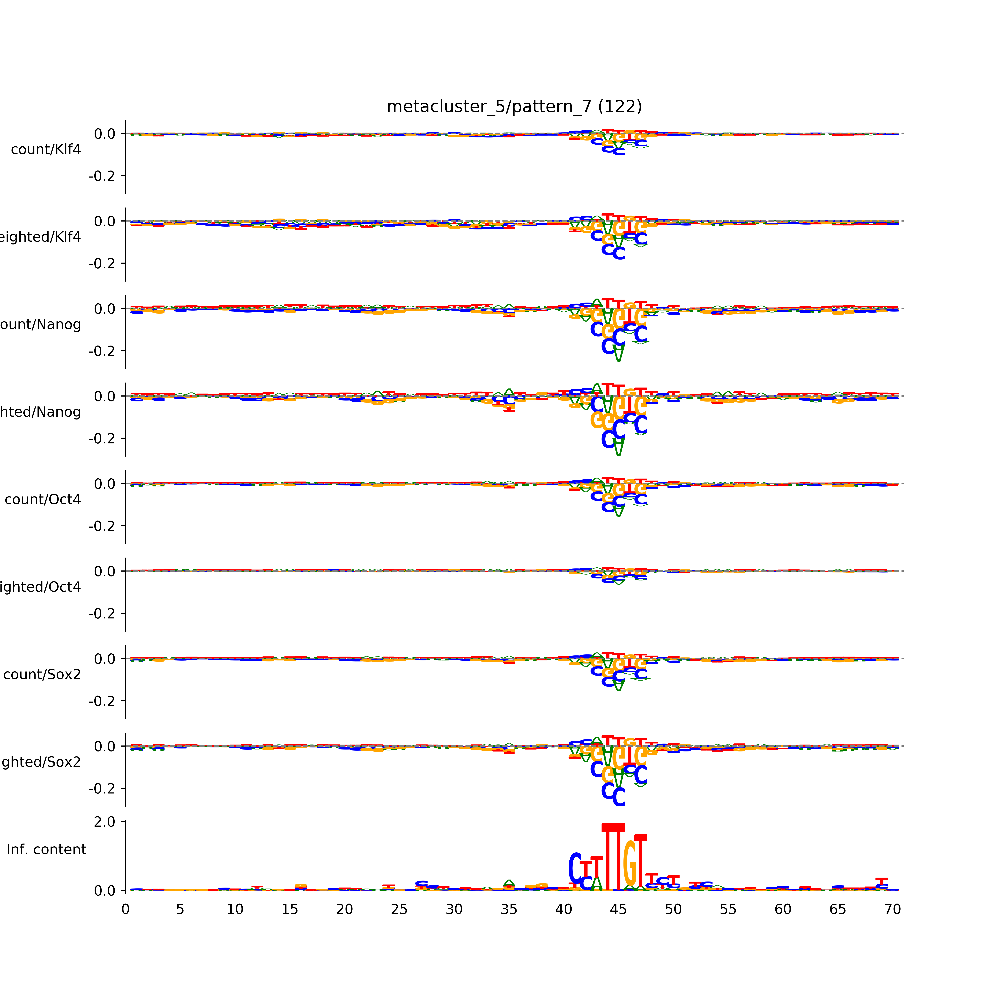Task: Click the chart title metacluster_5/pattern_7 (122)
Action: tap(514, 107)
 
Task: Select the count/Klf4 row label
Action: tap(46, 150)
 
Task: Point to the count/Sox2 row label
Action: tap(42, 675)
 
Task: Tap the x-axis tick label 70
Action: tap(892, 909)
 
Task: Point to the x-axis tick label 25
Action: tap(399, 909)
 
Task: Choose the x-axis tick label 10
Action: tap(235, 909)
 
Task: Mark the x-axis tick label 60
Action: tap(783, 909)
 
